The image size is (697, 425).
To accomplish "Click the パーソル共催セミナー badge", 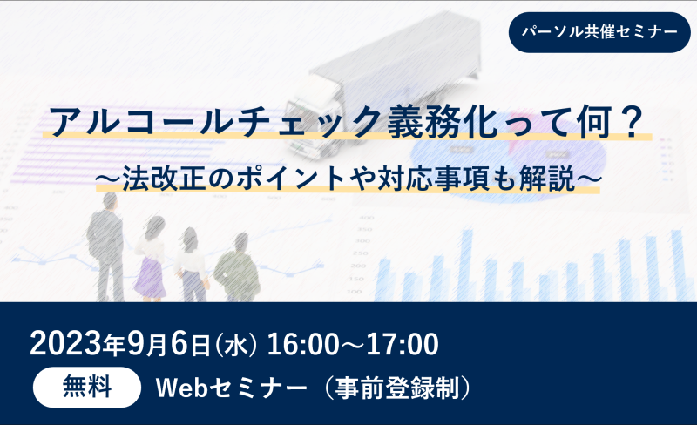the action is (x=599, y=32).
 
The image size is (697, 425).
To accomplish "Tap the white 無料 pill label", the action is (x=87, y=388).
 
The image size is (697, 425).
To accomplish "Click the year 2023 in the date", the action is (x=66, y=344).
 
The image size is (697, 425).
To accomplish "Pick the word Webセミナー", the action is (x=232, y=388).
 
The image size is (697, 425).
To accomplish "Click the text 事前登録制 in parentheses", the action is (x=397, y=388).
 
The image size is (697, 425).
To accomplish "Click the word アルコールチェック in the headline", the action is (x=217, y=122).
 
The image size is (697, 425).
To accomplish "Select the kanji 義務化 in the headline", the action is (x=443, y=122).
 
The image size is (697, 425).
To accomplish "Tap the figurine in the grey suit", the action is (x=105, y=246).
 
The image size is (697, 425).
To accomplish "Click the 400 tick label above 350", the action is (x=367, y=218).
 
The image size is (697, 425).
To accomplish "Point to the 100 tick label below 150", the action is (x=355, y=292).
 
